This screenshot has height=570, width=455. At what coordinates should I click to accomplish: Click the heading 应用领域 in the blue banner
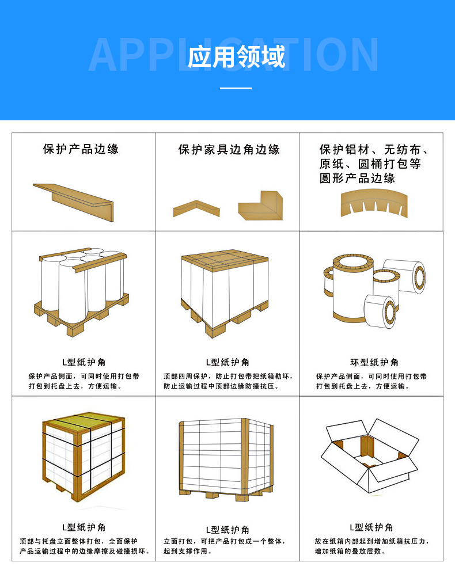[236, 56]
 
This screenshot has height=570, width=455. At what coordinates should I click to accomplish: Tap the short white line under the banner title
[236, 88]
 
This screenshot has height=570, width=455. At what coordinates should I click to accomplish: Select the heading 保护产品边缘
[81, 149]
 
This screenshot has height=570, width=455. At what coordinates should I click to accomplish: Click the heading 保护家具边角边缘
[229, 150]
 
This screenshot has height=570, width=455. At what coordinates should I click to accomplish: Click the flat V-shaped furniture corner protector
[196, 208]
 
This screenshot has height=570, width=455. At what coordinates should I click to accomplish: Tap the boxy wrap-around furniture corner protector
[260, 206]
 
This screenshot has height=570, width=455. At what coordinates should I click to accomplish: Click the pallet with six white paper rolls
[81, 290]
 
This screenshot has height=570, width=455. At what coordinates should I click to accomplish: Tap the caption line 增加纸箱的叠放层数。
[350, 551]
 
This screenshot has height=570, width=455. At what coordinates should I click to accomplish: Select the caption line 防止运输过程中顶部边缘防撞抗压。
[221, 386]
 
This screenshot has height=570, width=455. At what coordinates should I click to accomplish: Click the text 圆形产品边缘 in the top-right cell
[357, 178]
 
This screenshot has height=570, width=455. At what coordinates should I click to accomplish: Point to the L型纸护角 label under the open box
[371, 527]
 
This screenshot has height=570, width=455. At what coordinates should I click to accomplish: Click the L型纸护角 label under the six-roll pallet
[84, 362]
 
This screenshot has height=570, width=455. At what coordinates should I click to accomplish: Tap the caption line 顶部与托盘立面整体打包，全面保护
[79, 541]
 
